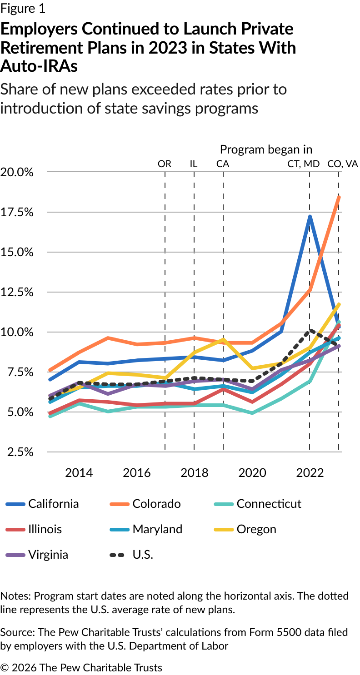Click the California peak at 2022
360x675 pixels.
click(310, 217)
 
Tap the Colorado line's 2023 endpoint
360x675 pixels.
click(339, 197)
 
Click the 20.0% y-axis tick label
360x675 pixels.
click(18, 172)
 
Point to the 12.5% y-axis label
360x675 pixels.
click(18, 292)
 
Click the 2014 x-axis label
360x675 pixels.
click(79, 473)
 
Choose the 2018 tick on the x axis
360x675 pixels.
click(194, 473)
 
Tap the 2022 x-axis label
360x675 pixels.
click(310, 473)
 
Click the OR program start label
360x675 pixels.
click(165, 164)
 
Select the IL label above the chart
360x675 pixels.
click(194, 164)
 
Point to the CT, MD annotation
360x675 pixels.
click(304, 164)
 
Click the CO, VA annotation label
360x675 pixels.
click(343, 164)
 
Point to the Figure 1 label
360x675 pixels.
click(23, 9)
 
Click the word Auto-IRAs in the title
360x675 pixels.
click(39, 66)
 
